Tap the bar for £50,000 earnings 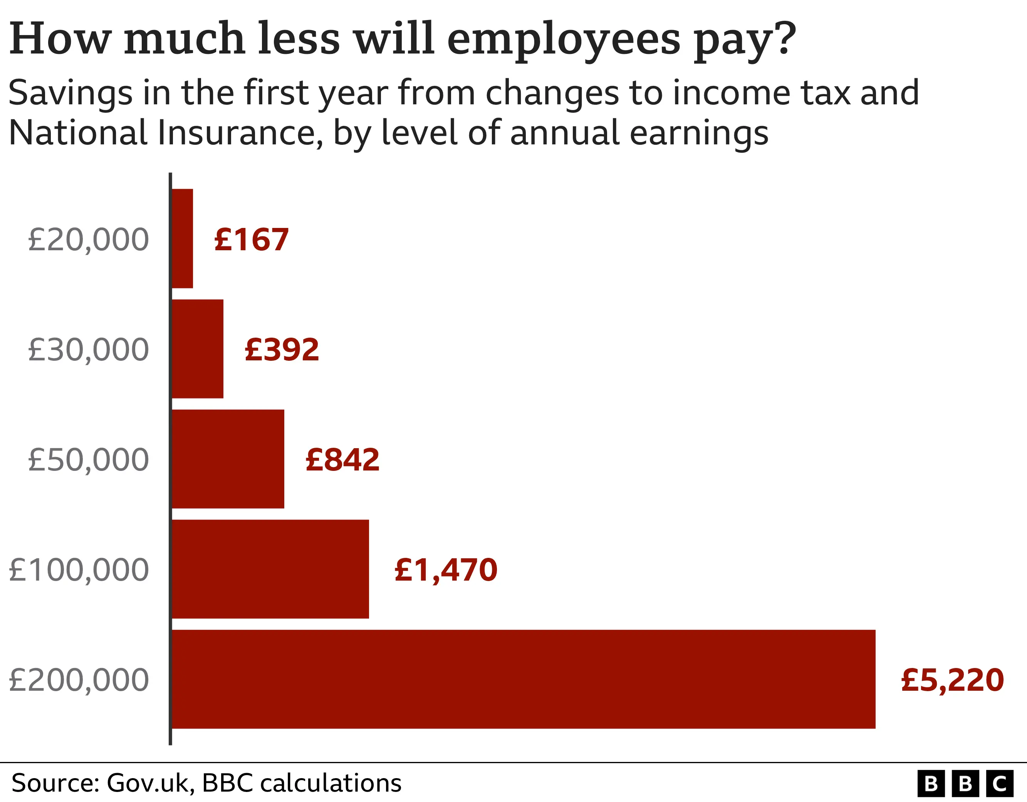click(x=228, y=459)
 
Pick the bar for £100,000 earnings click(x=270, y=569)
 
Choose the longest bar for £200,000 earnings click(x=523, y=679)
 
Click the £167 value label click(x=251, y=240)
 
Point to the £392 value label click(x=282, y=350)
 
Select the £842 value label click(x=342, y=460)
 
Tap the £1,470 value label click(x=446, y=570)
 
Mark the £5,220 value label click(x=952, y=680)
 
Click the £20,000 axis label click(x=88, y=240)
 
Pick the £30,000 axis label click(x=88, y=350)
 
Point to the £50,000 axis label click(x=88, y=460)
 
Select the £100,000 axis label click(x=79, y=570)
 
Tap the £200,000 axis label click(x=79, y=680)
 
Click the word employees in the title click(x=563, y=40)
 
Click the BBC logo click(x=965, y=784)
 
